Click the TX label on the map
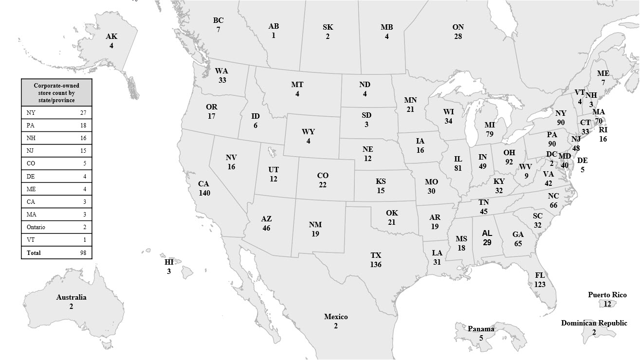click(x=376, y=255)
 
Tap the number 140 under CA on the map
click(x=204, y=193)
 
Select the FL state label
click(x=539, y=275)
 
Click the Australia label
click(x=71, y=297)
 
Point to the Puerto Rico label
click(x=607, y=295)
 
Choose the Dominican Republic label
click(x=594, y=323)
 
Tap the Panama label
click(x=481, y=329)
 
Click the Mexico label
click(x=336, y=317)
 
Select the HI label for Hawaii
click(x=169, y=262)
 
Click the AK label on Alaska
click(x=111, y=36)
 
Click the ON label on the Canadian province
click(x=458, y=27)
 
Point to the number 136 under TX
click(x=375, y=265)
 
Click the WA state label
click(x=222, y=71)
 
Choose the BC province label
click(x=219, y=20)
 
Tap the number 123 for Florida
click(x=539, y=284)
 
